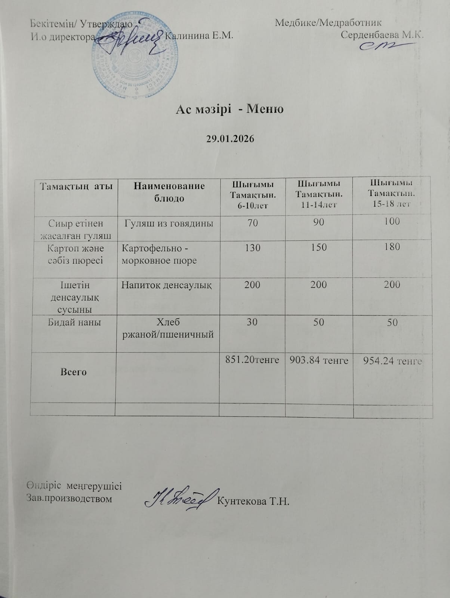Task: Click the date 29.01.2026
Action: (x=230, y=139)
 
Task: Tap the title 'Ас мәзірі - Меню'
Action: (x=230, y=109)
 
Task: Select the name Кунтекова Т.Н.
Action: (x=253, y=501)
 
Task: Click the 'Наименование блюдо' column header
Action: (x=169, y=192)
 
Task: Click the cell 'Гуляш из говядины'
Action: (x=169, y=224)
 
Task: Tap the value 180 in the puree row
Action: (x=392, y=247)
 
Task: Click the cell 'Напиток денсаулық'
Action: (x=167, y=285)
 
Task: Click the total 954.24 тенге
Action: (x=392, y=361)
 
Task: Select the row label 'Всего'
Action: (x=74, y=372)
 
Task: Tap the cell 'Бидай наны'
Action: (x=74, y=322)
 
